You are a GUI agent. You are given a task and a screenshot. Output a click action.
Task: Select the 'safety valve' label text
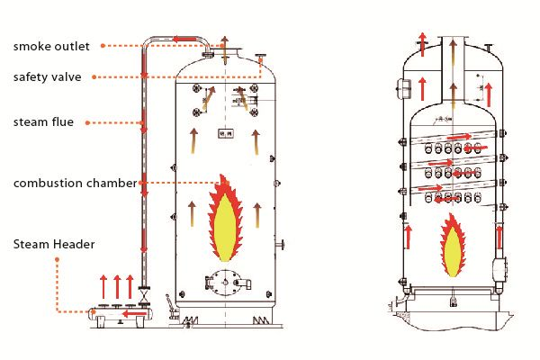pos(47,77)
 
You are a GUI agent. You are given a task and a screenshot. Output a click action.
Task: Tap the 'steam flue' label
pos(42,121)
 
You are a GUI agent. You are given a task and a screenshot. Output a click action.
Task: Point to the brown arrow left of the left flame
pos(190,214)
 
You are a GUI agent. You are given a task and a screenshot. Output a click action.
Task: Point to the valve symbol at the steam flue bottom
pos(143,294)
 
